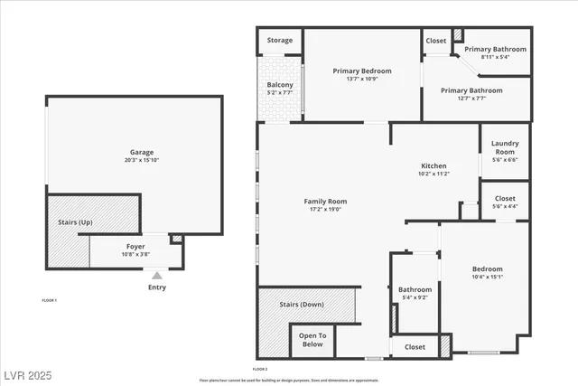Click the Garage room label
[140, 152]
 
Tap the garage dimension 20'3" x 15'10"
[140, 160]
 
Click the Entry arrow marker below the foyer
[156, 276]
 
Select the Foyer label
[135, 245]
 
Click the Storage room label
[280, 41]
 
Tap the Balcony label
[280, 84]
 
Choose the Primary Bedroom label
[362, 71]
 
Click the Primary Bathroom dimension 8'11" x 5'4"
[496, 57]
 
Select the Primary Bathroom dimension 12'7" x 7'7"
[471, 99]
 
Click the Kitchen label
[434, 165]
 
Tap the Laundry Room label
[504, 147]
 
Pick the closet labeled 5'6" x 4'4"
[505, 206]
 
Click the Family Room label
[325, 202]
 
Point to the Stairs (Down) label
[302, 305]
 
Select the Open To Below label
[312, 339]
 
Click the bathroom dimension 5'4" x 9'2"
[415, 297]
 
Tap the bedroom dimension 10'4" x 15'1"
[487, 278]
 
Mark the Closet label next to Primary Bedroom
[436, 41]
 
